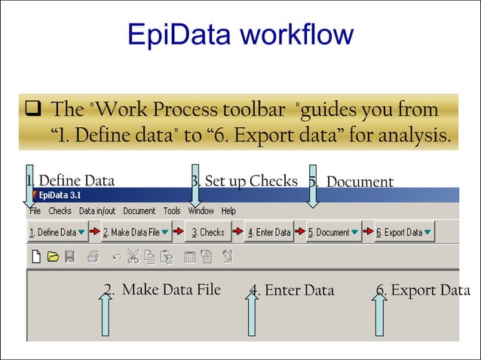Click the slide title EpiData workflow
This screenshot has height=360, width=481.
click(240, 35)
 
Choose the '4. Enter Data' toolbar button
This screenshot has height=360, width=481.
click(269, 233)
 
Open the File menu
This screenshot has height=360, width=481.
click(35, 211)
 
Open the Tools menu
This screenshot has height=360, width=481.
click(172, 211)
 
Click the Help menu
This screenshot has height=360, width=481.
click(228, 211)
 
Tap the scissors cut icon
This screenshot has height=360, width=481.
click(133, 257)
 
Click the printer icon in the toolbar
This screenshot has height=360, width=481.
click(92, 257)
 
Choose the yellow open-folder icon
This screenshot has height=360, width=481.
click(53, 257)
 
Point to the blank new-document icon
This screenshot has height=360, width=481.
click(35, 257)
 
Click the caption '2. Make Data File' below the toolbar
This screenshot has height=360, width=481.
click(162, 289)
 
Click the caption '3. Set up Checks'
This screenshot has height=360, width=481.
click(244, 181)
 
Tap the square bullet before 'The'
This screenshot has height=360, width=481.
click(32, 111)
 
